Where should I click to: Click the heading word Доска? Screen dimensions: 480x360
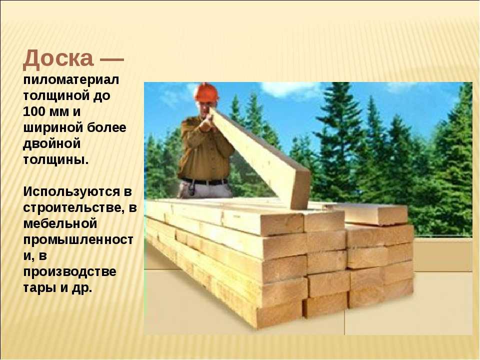tap(58, 58)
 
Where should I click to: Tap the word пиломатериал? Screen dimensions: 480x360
tap(71, 80)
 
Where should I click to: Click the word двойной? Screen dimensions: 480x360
tap(51, 144)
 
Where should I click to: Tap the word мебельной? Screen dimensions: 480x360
tap(60, 224)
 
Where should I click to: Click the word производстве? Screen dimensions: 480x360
tap(70, 272)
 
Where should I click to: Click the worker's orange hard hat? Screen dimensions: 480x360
tap(207, 91)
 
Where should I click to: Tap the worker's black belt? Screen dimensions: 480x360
tap(204, 181)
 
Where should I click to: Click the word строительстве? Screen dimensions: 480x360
tap(74, 208)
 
